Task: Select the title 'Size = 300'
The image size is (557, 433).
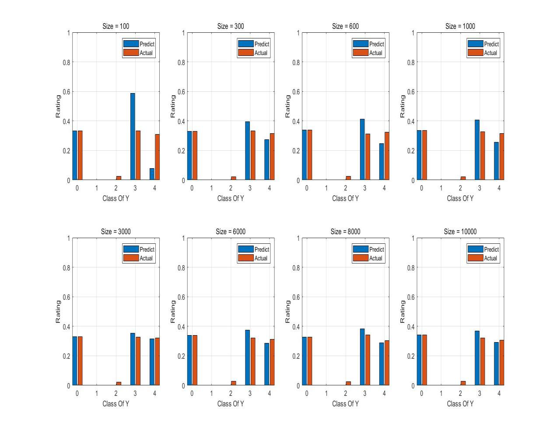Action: (231, 26)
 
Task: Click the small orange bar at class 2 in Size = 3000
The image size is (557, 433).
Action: (119, 383)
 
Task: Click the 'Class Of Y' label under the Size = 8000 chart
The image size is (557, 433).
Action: (345, 404)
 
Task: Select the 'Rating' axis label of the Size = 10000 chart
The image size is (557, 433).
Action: (403, 312)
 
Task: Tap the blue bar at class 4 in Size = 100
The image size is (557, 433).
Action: (152, 174)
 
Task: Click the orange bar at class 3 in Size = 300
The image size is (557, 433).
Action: (252, 155)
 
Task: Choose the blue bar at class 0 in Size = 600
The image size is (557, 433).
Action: (305, 155)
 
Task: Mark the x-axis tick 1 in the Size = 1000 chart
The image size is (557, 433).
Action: (441, 188)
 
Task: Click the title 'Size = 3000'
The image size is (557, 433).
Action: (116, 232)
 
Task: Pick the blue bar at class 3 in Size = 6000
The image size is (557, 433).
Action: (247, 357)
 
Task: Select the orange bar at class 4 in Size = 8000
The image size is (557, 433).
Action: (387, 363)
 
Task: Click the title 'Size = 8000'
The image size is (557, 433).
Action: (345, 232)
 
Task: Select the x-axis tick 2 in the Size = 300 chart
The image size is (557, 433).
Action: (231, 188)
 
